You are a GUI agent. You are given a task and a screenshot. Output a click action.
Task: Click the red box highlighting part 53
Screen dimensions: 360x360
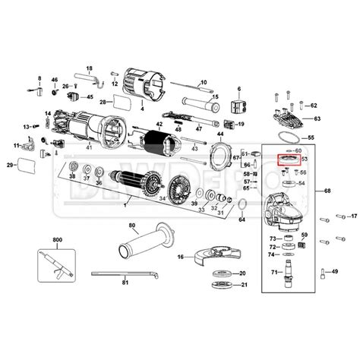(289, 159)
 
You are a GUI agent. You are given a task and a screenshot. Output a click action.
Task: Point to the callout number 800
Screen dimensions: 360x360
(56, 239)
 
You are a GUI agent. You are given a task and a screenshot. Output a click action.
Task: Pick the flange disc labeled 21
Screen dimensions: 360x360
(223, 286)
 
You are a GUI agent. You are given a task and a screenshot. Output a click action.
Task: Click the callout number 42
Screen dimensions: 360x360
(159, 125)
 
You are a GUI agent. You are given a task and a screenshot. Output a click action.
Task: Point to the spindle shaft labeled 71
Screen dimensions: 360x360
(289, 272)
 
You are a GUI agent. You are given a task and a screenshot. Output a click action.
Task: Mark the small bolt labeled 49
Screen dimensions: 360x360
(324, 271)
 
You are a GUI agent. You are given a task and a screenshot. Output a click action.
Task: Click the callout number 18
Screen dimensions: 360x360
(89, 68)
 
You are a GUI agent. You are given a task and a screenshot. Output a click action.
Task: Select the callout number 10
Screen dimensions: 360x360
(204, 82)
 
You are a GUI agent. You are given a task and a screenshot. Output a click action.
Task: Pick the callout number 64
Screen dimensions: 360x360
(242, 219)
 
